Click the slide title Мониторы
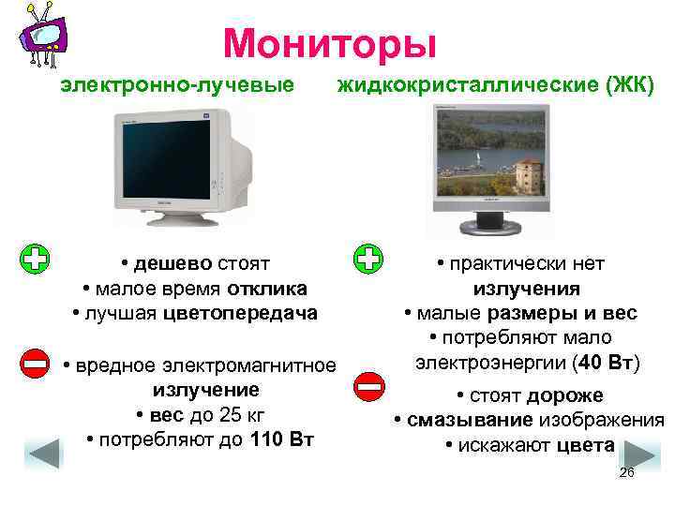click(x=330, y=42)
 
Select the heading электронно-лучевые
click(x=172, y=86)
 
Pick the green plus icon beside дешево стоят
click(x=35, y=260)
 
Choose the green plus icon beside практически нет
click(x=368, y=260)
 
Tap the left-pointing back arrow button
click(x=44, y=454)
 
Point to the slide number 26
click(x=627, y=473)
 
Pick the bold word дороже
click(x=564, y=395)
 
